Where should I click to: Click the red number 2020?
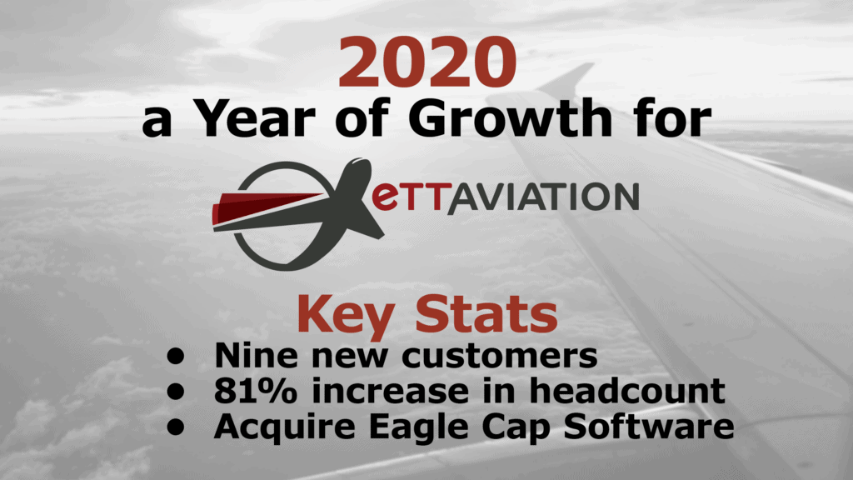(x=427, y=62)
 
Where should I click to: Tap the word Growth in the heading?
(x=511, y=117)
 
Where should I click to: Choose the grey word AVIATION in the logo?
(x=543, y=197)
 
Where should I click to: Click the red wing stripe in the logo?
(x=267, y=207)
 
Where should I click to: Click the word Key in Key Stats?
(x=346, y=315)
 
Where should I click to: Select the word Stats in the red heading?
(x=486, y=313)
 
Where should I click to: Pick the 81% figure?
(x=256, y=391)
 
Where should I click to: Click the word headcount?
(x=627, y=390)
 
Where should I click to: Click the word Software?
(x=649, y=426)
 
